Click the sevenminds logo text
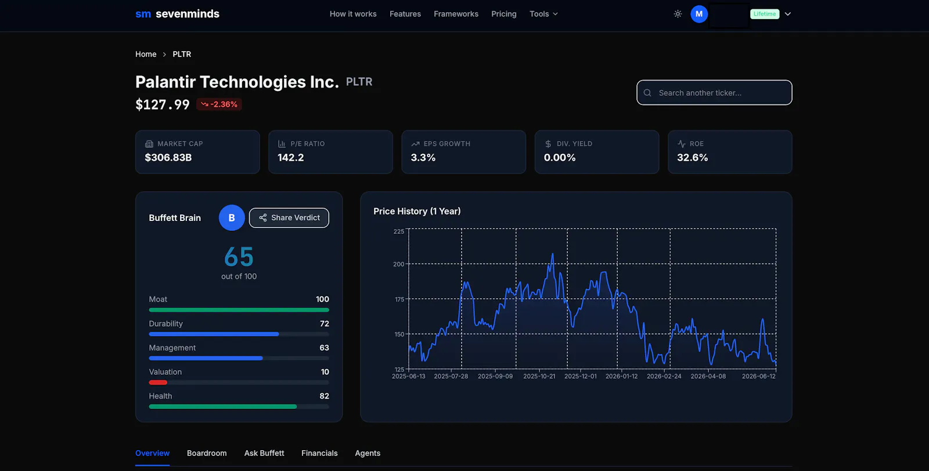pyautogui.click(x=188, y=14)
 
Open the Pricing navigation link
pyautogui.click(x=503, y=14)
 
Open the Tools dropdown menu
pyautogui.click(x=543, y=14)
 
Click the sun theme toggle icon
pyautogui.click(x=678, y=14)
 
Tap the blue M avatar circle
pyautogui.click(x=699, y=14)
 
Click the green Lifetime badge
pyautogui.click(x=764, y=14)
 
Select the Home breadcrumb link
pyautogui.click(x=146, y=55)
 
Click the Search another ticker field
pyautogui.click(x=714, y=92)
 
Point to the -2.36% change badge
pyautogui.click(x=219, y=104)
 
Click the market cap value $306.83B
pyautogui.click(x=168, y=157)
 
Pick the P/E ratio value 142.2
pyautogui.click(x=290, y=157)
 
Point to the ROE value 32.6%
pyautogui.click(x=692, y=157)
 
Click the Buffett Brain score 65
pyautogui.click(x=239, y=257)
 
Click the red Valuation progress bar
pyautogui.click(x=158, y=382)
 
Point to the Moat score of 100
pyautogui.click(x=322, y=299)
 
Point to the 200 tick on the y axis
pyautogui.click(x=398, y=264)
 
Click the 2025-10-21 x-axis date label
pyautogui.click(x=539, y=376)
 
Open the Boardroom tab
pyautogui.click(x=207, y=453)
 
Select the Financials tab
pyautogui.click(x=319, y=453)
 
